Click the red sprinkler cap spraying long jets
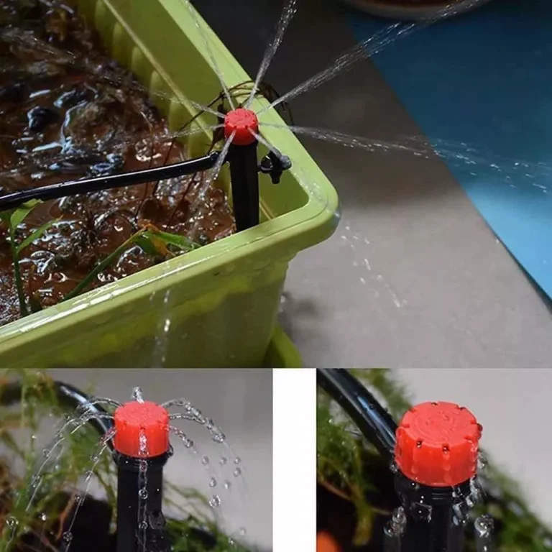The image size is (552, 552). coord(241,126)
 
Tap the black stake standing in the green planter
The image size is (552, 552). coord(244,187)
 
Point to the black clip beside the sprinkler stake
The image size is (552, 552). coord(276,165)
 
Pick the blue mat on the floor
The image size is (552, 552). coord(467,108)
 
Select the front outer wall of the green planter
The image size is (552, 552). coord(144,316)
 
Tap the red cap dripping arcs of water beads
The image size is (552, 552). coord(142,429)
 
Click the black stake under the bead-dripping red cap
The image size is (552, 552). coord(140,503)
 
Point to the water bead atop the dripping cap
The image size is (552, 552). coord(137,394)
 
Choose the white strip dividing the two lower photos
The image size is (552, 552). coord(294,460)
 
